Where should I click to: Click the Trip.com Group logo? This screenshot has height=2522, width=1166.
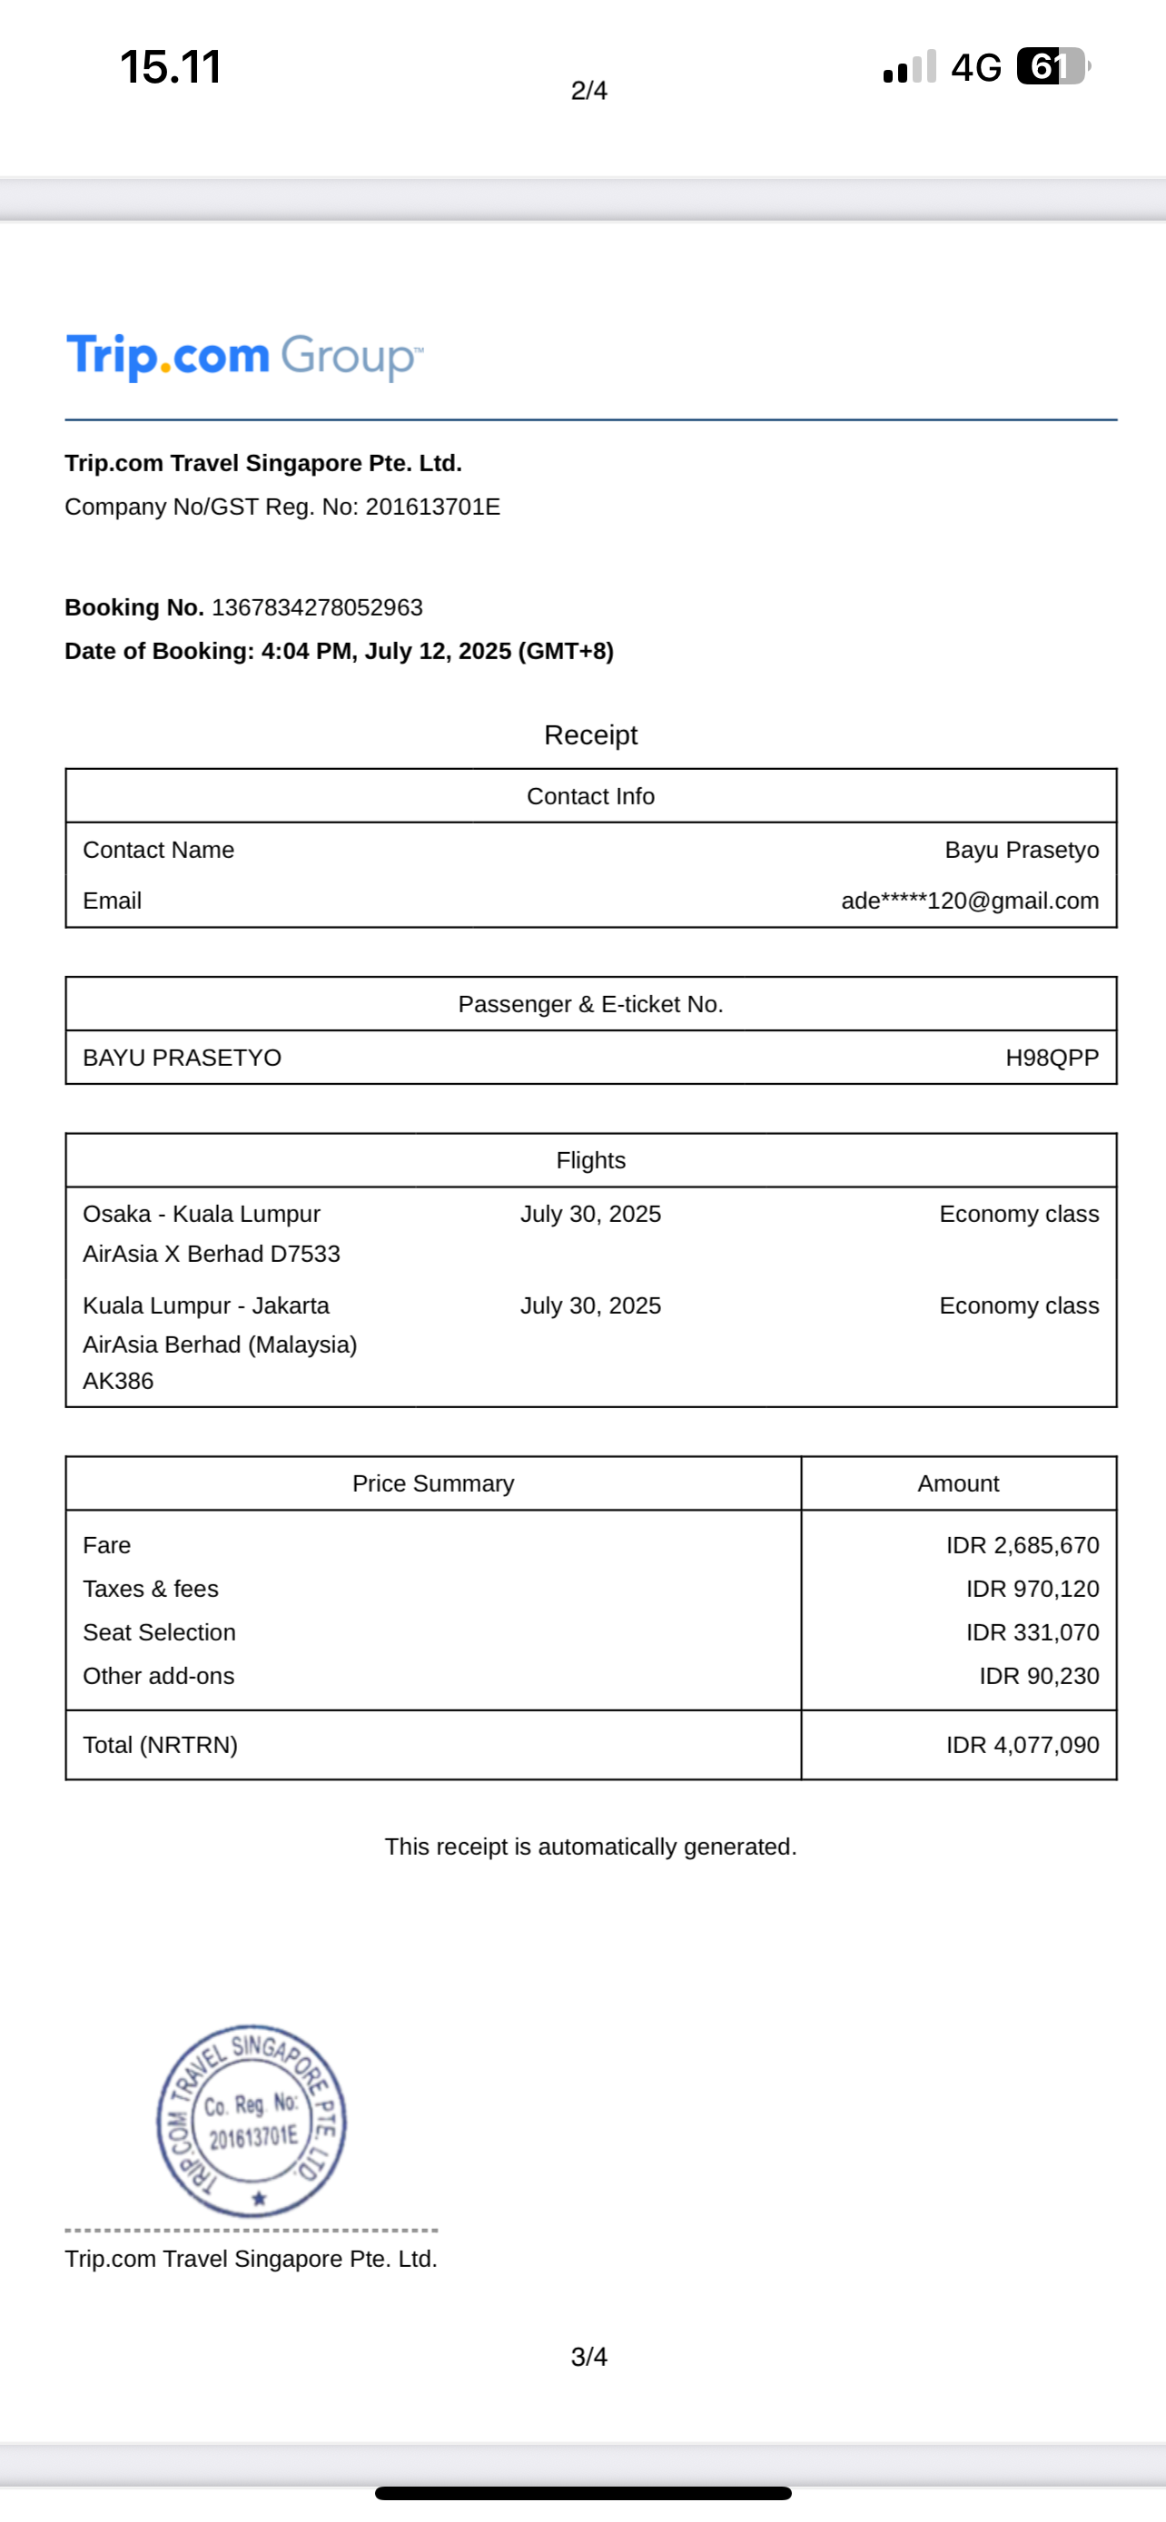[245, 357]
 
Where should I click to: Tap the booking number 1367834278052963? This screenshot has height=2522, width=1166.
[317, 608]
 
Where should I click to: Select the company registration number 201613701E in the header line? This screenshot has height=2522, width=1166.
[433, 507]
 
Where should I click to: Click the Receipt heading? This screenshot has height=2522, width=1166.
[590, 735]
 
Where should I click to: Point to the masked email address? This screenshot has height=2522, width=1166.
[969, 901]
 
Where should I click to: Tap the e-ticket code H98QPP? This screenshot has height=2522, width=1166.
[1052, 1058]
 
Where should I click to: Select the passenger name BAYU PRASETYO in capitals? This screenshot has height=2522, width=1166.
[183, 1058]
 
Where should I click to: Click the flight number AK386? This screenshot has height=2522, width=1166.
[118, 1382]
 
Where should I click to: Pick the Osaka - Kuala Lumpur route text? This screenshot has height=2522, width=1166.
[202, 1214]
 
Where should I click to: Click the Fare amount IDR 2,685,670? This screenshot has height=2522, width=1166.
[1023, 1545]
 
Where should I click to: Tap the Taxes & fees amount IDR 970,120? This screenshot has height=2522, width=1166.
[1032, 1589]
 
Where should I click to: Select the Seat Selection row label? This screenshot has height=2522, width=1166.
[160, 1632]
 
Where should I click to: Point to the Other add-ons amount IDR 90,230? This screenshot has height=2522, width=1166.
[1039, 1676]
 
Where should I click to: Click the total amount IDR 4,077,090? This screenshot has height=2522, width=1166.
[1023, 1745]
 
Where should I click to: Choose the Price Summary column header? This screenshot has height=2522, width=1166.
[433, 1483]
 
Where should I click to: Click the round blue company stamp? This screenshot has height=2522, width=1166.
[252, 2121]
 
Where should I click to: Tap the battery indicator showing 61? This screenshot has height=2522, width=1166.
[1052, 66]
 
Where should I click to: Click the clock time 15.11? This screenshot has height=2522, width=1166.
[171, 66]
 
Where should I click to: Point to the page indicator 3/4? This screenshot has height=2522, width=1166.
[588, 2357]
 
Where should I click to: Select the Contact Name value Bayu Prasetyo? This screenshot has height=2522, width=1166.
[1021, 850]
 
